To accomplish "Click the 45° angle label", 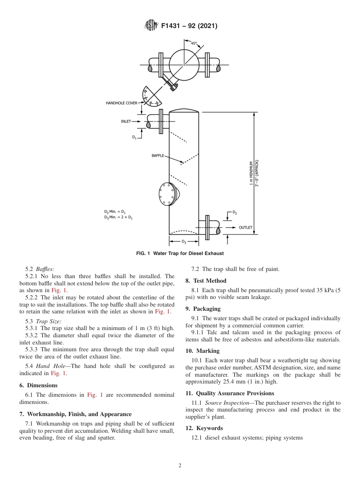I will pos(194,44).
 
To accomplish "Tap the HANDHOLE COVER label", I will pos(121,103).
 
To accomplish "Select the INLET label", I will pos(126,122).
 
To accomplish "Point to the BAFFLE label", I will pos(158,156).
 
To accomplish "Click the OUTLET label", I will pos(245,227).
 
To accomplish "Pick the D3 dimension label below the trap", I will pos(184,241).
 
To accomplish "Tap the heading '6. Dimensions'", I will pos(42,385).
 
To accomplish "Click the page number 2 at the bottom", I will pos(180,466).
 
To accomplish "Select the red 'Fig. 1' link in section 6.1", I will pos(95,395).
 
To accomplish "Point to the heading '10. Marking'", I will pos(202,351).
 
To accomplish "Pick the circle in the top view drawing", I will pos(184,65).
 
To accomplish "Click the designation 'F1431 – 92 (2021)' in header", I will pos(189,26).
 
